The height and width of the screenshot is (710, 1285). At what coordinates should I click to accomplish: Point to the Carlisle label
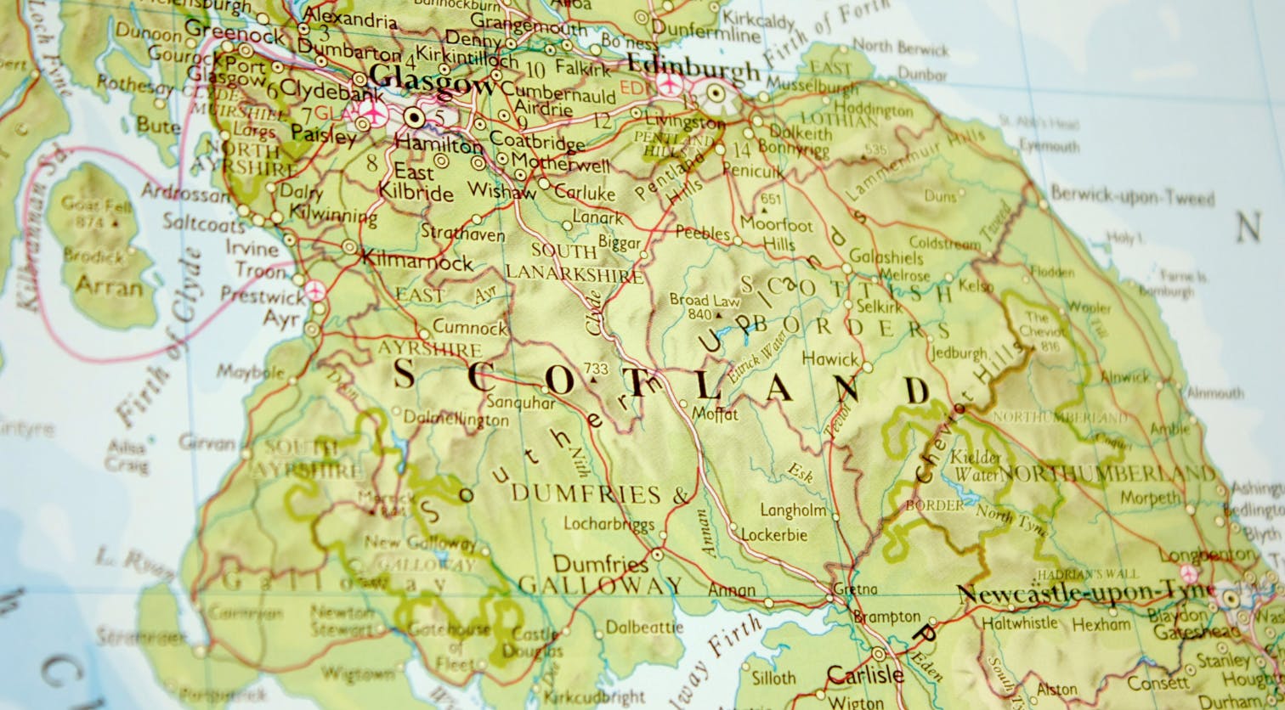click(x=864, y=675)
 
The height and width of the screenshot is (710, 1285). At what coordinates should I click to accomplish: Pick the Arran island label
click(x=109, y=286)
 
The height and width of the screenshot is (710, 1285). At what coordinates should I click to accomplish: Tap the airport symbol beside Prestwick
click(x=316, y=290)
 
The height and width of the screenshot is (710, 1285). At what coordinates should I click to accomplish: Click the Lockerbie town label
click(x=773, y=535)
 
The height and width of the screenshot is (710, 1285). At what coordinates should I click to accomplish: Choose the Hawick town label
click(x=829, y=359)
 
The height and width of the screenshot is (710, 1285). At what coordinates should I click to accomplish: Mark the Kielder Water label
click(x=976, y=465)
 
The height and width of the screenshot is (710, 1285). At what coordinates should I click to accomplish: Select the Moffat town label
click(x=716, y=414)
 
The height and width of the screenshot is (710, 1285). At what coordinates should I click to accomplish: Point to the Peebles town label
click(x=703, y=233)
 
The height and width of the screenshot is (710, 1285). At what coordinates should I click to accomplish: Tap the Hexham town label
click(x=1101, y=624)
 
